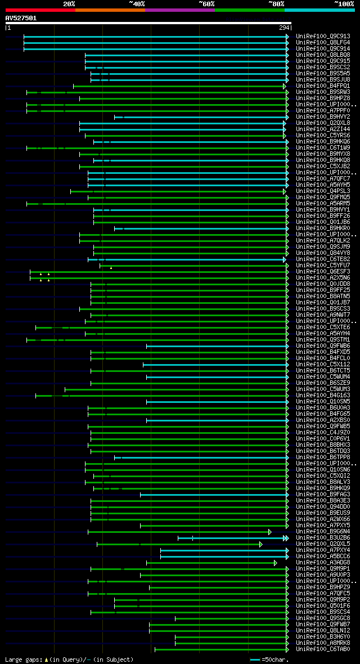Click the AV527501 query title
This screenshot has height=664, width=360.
tap(21, 18)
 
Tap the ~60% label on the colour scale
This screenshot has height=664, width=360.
tap(206, 4)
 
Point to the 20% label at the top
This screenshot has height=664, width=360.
tap(69, 4)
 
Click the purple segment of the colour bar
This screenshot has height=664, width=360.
tap(179, 10)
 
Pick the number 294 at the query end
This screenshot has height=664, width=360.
tap(284, 28)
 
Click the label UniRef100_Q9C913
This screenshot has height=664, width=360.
tap(323, 37)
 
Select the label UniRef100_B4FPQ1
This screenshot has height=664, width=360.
tap(323, 86)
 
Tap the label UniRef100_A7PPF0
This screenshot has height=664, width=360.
tap(323, 111)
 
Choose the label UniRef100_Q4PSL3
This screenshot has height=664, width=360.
tap(323, 191)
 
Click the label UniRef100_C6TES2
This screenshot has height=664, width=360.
tap(323, 259)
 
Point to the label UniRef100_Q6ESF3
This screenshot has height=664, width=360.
tap(323, 272)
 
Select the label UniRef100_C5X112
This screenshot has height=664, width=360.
tap(323, 365)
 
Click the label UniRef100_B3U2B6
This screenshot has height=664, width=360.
tap(323, 538)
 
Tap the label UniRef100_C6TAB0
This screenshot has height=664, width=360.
tap(323, 649)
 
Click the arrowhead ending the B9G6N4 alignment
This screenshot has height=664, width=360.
tap(269, 532)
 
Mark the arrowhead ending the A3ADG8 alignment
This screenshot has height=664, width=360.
tap(275, 563)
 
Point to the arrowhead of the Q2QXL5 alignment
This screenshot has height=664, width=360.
tap(260, 544)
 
